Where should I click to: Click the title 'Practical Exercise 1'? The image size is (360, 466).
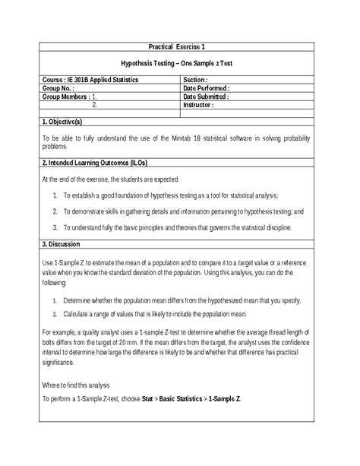pos(180,47)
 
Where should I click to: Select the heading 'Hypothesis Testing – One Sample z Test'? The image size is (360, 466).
pos(180,64)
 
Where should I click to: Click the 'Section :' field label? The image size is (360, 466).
pos(196,79)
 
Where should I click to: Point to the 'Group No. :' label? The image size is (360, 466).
pos(58,88)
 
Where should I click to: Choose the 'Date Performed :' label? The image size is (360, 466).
pos(207,88)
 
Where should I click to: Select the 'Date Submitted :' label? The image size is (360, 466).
pos(207,97)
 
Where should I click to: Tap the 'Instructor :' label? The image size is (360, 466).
pos(199,106)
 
